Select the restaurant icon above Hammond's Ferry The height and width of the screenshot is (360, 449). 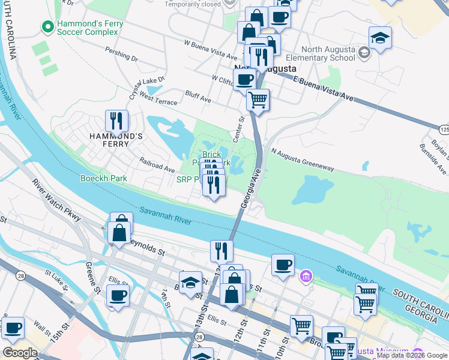[116, 121]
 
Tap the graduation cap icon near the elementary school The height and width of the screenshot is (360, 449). [380, 40]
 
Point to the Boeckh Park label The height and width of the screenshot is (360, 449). [103, 178]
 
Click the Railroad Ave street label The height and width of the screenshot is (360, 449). [156, 165]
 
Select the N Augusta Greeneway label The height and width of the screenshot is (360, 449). [302, 160]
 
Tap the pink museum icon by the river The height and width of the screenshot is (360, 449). [306, 277]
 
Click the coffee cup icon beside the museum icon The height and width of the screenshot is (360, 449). [283, 265]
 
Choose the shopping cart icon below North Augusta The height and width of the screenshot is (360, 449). [258, 100]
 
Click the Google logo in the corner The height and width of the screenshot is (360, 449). [20, 352]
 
